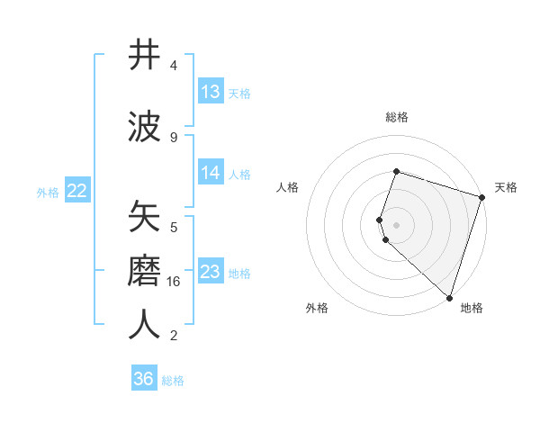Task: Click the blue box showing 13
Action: pos(211,92)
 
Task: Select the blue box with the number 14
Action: pos(211,173)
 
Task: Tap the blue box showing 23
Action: pos(211,272)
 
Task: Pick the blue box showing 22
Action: pos(77,191)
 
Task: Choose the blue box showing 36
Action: pos(144,379)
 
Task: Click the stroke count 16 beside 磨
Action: pos(175,282)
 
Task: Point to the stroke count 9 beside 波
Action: pos(174,138)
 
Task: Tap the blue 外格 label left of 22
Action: pos(48,192)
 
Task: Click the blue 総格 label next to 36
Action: pos(173,381)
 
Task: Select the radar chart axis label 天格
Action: pos(506,187)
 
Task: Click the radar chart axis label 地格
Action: pos(472,308)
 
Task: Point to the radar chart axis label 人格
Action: pos(288,187)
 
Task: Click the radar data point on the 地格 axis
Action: pos(448,297)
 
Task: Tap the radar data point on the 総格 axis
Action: pos(396,171)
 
